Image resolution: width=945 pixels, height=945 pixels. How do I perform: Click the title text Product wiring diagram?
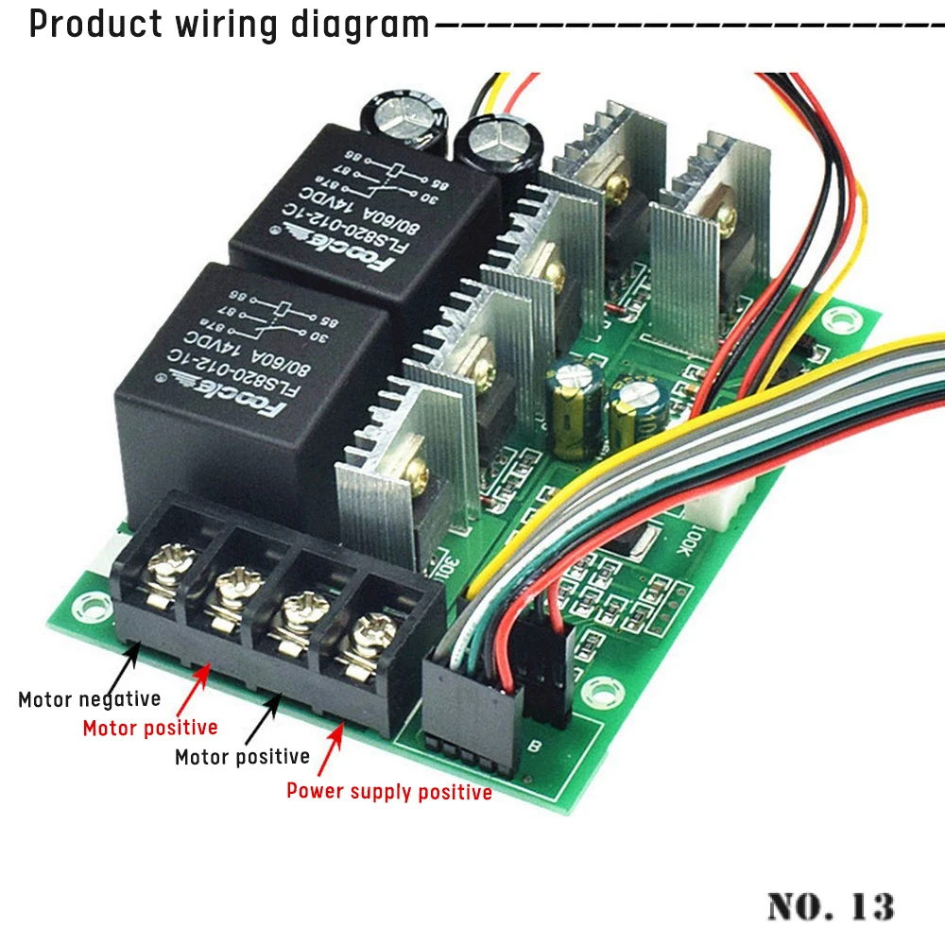(230, 24)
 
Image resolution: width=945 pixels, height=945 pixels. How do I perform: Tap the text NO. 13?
(831, 905)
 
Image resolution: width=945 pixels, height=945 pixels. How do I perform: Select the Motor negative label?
(89, 700)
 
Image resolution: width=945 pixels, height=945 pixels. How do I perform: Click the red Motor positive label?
(150, 728)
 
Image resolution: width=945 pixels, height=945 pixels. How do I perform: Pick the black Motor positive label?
(243, 756)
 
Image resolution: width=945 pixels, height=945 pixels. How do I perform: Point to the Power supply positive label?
(389, 792)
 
